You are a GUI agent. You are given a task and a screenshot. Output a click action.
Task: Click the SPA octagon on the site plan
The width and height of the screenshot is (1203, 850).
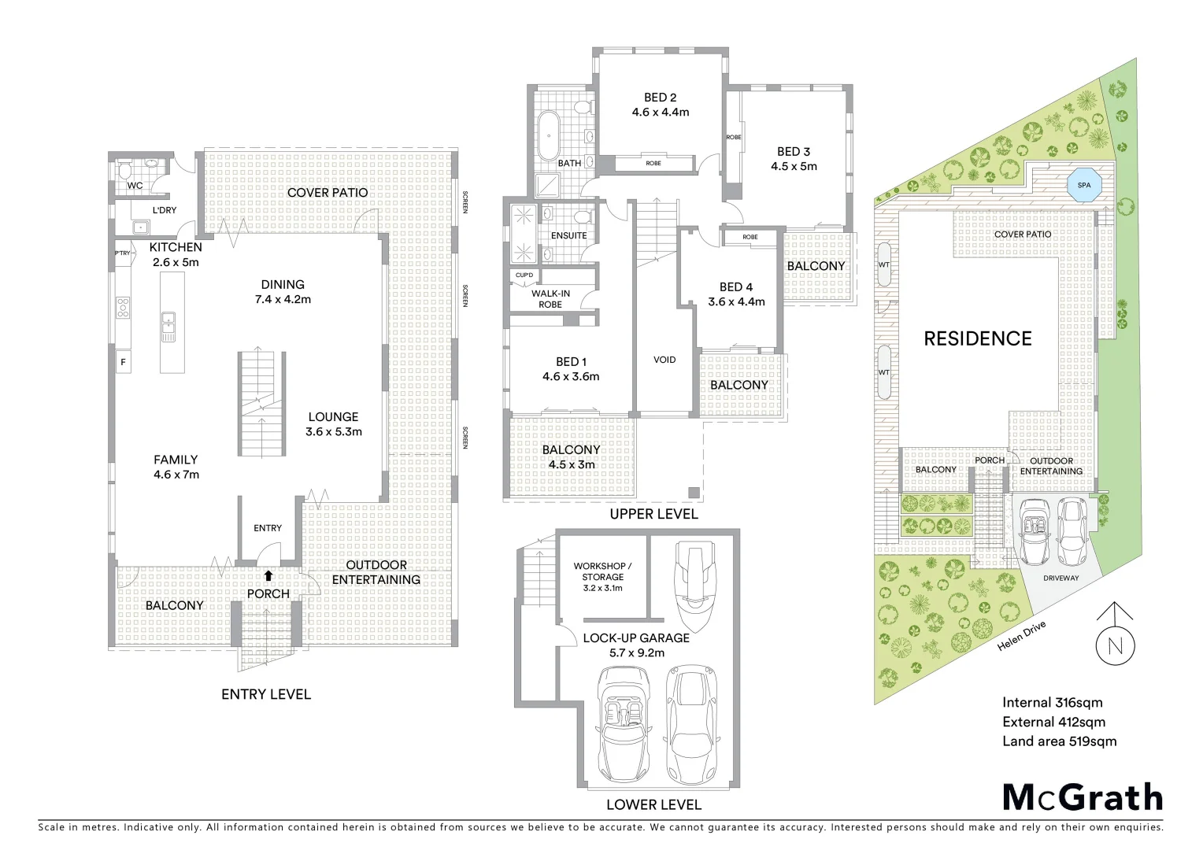point(1084,186)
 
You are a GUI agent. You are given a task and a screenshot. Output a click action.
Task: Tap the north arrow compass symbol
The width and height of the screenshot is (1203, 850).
point(1115,645)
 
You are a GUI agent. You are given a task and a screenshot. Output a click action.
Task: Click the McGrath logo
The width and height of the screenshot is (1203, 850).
point(1082,796)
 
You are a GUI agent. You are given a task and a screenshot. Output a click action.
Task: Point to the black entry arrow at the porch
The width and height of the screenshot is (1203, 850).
point(268,575)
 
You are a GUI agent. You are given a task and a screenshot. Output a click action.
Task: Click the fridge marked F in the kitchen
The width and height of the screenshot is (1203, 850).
point(123,362)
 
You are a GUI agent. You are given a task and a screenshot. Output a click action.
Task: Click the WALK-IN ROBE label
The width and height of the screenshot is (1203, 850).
point(550,299)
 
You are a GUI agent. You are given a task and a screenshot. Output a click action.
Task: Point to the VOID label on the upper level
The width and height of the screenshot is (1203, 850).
point(664,360)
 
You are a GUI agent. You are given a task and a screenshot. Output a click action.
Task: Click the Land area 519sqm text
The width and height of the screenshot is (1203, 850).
point(1059,741)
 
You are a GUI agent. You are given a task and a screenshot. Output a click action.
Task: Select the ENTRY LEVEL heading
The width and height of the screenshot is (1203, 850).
point(265,694)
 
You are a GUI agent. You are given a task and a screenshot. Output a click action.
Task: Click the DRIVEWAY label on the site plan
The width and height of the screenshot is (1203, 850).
point(1060,578)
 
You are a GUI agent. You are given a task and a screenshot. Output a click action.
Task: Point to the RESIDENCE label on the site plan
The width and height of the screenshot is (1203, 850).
point(977,338)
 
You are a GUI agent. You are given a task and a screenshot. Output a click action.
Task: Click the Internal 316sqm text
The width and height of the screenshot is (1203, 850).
point(1052,703)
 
